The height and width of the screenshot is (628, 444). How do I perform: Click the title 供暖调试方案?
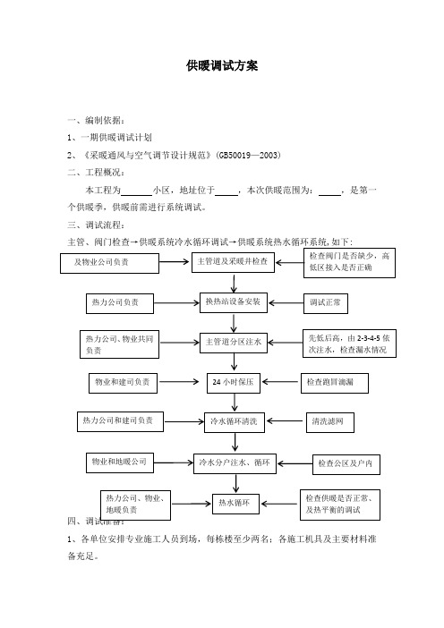[222, 65]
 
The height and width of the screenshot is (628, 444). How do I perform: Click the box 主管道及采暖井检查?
[233, 262]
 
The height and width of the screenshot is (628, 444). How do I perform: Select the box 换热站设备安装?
[234, 302]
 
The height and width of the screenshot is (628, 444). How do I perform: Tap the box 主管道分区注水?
[234, 343]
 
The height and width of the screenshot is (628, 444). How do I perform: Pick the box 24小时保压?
[234, 383]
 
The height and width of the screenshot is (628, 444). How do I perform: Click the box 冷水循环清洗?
[235, 422]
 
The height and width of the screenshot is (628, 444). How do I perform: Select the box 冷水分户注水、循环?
[235, 463]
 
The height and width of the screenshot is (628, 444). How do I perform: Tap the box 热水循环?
[235, 504]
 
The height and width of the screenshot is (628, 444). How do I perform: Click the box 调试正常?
[325, 303]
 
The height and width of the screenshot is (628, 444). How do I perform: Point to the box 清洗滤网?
[330, 422]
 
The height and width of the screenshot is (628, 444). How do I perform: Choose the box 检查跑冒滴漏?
[335, 383]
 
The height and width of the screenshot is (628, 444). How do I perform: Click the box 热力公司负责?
[120, 303]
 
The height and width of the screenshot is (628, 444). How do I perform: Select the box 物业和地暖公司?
[120, 463]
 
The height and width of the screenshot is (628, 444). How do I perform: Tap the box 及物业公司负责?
[109, 263]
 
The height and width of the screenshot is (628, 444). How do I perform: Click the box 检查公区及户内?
[346, 464]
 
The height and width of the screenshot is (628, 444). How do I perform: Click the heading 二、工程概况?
[96, 173]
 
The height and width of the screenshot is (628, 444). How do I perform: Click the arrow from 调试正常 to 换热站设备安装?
[286, 303]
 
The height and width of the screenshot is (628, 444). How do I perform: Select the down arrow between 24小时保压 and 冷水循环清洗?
[235, 403]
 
